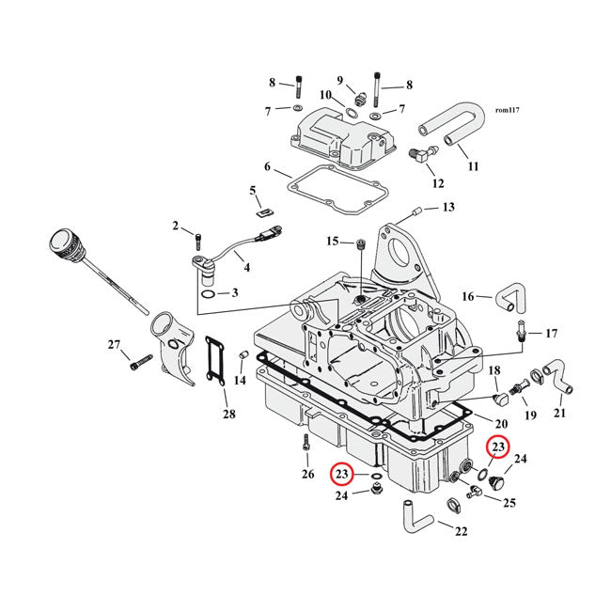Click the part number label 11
coord(473,166)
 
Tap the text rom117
coord(507,110)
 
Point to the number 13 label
coord(447,207)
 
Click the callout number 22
coord(461,532)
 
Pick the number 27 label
coord(115,345)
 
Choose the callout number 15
coord(333,242)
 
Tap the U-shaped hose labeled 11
coord(451,127)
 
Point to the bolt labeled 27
coord(141,359)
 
